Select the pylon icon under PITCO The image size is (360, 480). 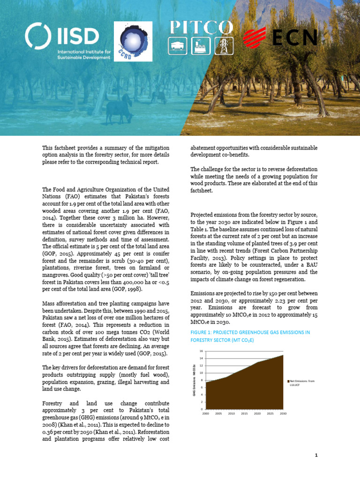point(224,45)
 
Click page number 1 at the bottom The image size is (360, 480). point(316,455)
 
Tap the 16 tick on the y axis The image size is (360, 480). point(201,351)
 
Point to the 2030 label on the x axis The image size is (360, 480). point(283,413)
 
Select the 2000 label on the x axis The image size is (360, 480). point(205,413)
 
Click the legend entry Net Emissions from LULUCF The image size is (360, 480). point(302,383)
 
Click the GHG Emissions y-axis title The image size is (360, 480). point(194,380)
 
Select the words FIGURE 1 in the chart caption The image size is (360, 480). point(202,332)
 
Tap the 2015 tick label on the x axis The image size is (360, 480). point(244,413)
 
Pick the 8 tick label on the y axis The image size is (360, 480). point(202,380)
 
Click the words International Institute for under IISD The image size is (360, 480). point(84,52)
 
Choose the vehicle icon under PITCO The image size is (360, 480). point(179,45)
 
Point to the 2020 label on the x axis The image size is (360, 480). point(257,413)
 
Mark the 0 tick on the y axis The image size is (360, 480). point(202,409)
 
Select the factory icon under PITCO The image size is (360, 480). point(202,45)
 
